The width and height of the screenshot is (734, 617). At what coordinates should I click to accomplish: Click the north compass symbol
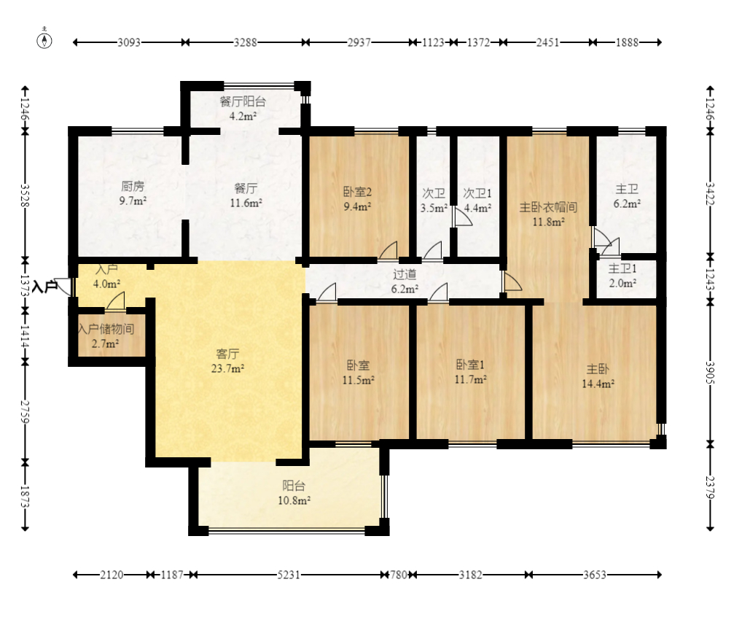coord(44,41)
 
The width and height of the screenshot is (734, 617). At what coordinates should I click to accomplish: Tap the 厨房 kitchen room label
coord(133,187)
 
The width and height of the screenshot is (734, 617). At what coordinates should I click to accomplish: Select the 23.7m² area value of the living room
coord(227,369)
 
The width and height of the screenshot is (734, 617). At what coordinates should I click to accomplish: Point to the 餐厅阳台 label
coord(243,101)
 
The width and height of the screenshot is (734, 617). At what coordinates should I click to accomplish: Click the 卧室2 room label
coord(357,192)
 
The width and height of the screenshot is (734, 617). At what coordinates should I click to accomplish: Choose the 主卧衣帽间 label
coord(548,207)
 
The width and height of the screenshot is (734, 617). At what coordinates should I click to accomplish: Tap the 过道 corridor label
coord(405,274)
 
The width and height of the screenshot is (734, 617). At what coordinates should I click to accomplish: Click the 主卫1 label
coord(622,268)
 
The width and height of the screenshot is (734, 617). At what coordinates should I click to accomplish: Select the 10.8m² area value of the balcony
coord(294,501)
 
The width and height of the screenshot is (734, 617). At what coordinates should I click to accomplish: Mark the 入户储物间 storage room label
coord(106,329)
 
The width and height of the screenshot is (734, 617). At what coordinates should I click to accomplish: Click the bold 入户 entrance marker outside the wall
coord(45,286)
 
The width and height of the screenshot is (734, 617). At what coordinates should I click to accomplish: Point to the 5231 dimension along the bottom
coord(289,575)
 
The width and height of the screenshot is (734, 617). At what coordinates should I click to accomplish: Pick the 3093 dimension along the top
coord(129,42)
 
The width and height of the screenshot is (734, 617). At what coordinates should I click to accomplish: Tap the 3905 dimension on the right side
coord(710,373)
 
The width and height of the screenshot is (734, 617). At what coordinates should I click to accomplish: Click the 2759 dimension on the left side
coord(25,412)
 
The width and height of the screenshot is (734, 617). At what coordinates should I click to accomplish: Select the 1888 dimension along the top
coord(627,42)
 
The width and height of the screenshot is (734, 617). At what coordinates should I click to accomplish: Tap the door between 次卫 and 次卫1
coord(461,218)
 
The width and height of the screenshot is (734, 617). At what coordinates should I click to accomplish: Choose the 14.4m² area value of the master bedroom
coord(598,384)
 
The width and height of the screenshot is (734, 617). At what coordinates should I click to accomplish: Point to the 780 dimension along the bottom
coord(399,575)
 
